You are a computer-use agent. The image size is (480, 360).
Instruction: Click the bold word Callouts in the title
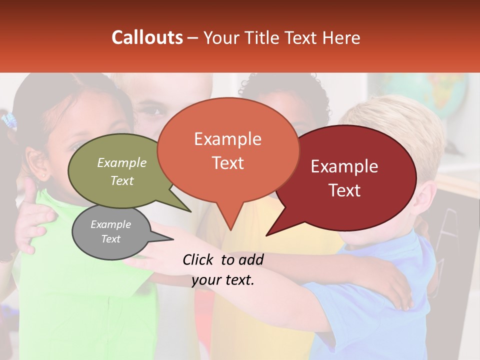point(147,37)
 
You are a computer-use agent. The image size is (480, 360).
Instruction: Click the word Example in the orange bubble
point(227,139)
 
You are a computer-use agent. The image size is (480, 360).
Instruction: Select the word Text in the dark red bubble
point(344,190)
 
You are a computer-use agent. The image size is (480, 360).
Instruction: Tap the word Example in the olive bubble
point(122,162)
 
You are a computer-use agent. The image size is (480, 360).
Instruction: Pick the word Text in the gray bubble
point(111,239)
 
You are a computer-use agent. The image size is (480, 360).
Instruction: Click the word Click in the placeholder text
point(198,259)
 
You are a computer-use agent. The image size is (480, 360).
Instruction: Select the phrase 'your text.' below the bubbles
point(223,280)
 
